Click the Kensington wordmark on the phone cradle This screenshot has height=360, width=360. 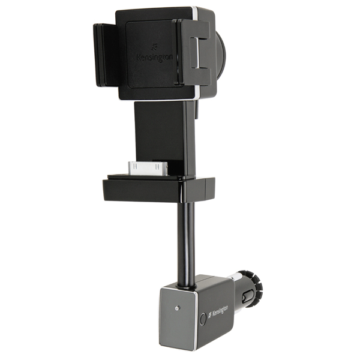[x=155, y=58]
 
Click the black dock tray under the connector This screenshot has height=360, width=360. [x=158, y=189]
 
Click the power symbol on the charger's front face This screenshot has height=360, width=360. [x=176, y=308]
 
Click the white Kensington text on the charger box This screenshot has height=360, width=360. [x=220, y=311]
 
